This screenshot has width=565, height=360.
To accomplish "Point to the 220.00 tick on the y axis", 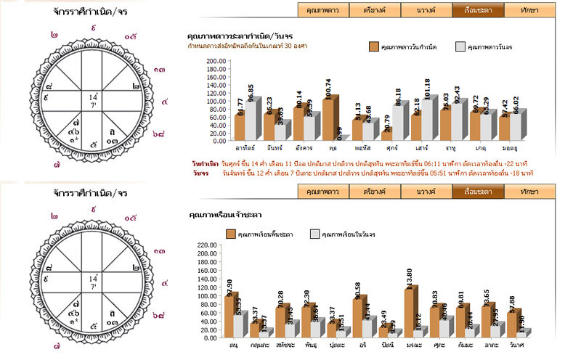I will click(207, 245).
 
